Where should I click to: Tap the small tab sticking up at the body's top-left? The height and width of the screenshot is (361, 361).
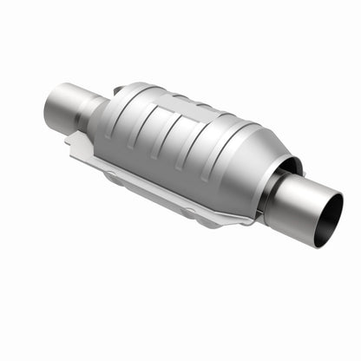tap(117, 89)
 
